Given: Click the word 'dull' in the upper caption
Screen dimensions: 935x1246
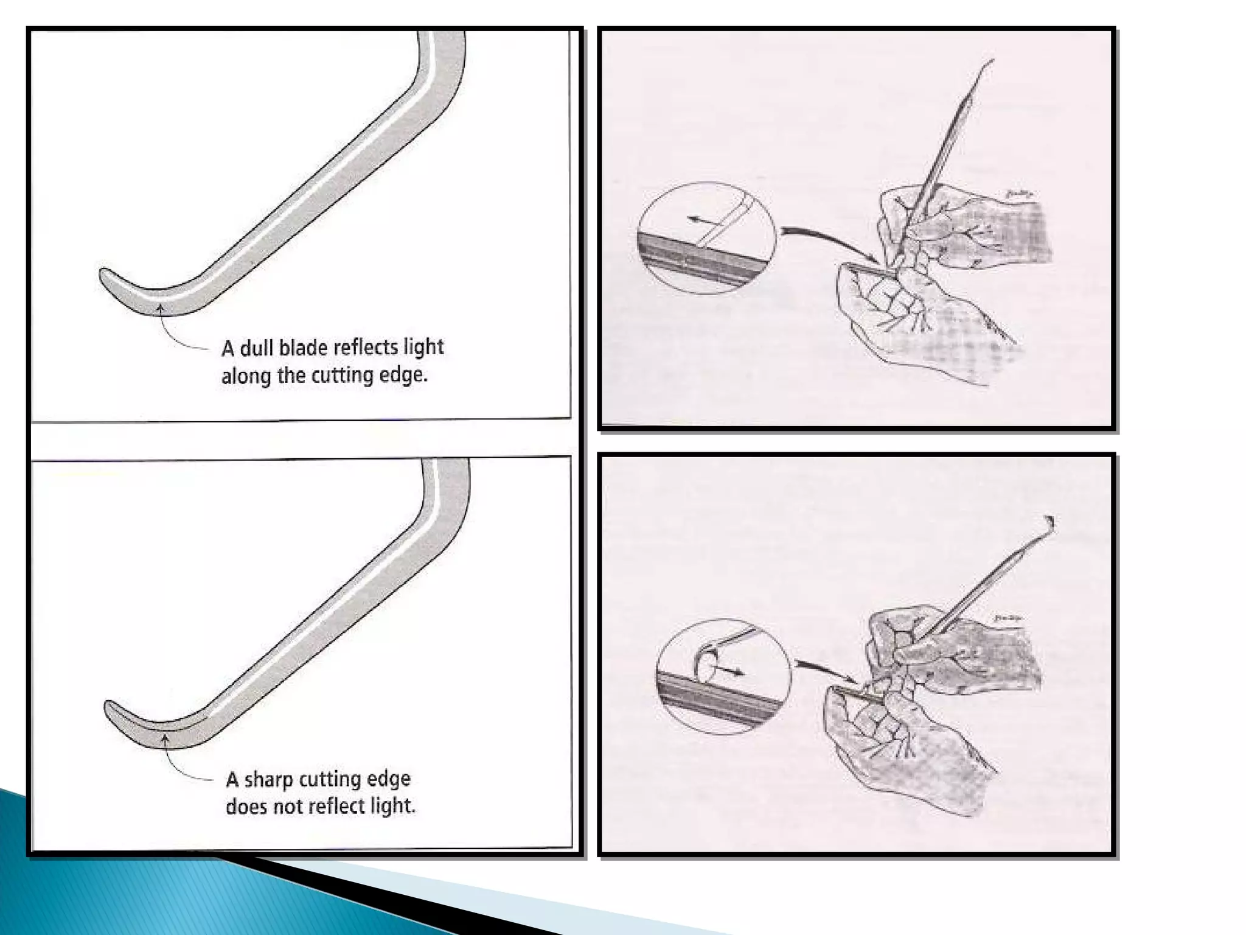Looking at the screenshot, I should coord(257,349).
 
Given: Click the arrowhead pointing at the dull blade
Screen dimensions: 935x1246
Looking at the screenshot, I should coord(160,309).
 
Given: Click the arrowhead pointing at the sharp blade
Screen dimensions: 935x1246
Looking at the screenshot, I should coord(164,739).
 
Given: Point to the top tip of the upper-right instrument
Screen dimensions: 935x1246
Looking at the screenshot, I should coord(991,61).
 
